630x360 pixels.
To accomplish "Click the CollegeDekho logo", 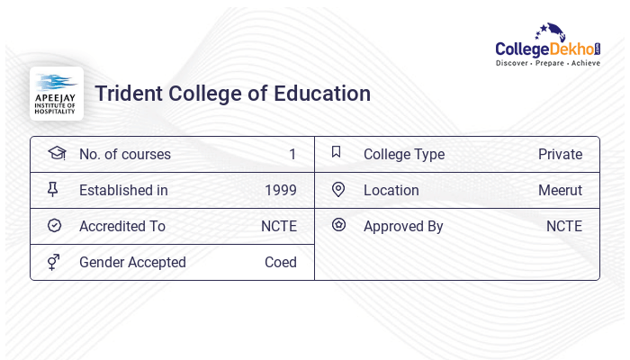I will pyautogui.click(x=548, y=46).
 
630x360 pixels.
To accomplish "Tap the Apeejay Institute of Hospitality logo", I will pyautogui.click(x=57, y=93).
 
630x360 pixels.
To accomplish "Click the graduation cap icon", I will pyautogui.click(x=56, y=153).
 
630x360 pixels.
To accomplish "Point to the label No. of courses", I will pyautogui.click(x=125, y=155).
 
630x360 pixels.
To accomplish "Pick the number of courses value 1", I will pyautogui.click(x=292, y=155).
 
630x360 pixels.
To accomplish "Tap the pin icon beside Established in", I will pyautogui.click(x=53, y=190).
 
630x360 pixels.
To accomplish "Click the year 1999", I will pyautogui.click(x=281, y=191).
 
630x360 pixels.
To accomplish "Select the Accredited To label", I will pyautogui.click(x=122, y=227).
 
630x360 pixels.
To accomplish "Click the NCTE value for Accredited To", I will pyautogui.click(x=279, y=227).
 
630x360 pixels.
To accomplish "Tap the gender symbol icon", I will pyautogui.click(x=53, y=262).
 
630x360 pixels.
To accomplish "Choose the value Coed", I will pyautogui.click(x=281, y=263).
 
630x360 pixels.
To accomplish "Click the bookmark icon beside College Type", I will pyautogui.click(x=337, y=153).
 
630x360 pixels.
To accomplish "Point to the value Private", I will pyautogui.click(x=560, y=155).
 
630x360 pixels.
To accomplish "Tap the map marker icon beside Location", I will pyautogui.click(x=338, y=190).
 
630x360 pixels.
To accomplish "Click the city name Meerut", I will pyautogui.click(x=560, y=191).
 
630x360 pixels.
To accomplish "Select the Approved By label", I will pyautogui.click(x=403, y=227).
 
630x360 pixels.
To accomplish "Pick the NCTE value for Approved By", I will pyautogui.click(x=564, y=227).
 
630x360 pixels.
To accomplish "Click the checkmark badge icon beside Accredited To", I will pyautogui.click(x=54, y=226).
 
